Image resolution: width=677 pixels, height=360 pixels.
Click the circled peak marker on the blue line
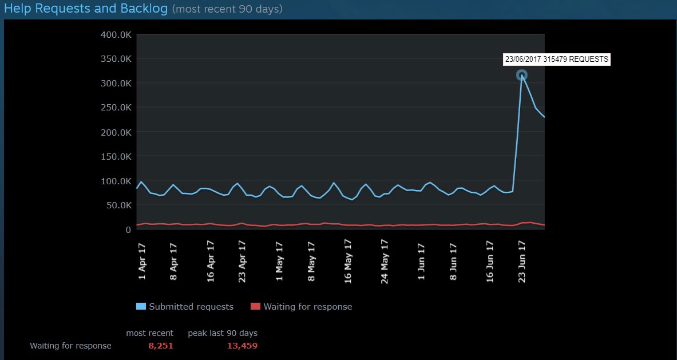pyautogui.click(x=521, y=75)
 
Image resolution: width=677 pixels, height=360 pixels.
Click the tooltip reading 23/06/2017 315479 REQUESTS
pyautogui.click(x=557, y=59)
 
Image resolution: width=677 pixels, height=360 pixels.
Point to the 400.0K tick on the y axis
pyautogui.click(x=116, y=34)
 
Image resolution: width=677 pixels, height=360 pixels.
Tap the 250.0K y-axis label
pyautogui.click(x=116, y=108)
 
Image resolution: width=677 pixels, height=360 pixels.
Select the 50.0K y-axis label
pyautogui.click(x=118, y=205)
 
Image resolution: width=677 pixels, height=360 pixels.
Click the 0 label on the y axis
pyautogui.click(x=128, y=230)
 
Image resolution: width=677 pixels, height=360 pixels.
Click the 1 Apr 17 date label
pyautogui.click(x=142, y=262)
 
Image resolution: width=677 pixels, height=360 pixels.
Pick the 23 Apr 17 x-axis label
pyautogui.click(x=242, y=261)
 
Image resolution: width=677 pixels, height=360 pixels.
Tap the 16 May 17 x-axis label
pyautogui.click(x=348, y=262)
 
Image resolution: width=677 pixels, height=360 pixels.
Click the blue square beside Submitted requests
pyautogui.click(x=141, y=307)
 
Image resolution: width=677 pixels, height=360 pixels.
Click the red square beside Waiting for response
pyautogui.click(x=255, y=307)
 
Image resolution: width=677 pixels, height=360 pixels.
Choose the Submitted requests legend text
pyautogui.click(x=191, y=307)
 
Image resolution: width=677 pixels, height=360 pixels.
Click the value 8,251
pyautogui.click(x=160, y=346)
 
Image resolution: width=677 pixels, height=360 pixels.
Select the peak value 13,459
pyautogui.click(x=243, y=346)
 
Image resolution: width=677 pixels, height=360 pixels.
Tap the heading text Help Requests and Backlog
pyautogui.click(x=86, y=9)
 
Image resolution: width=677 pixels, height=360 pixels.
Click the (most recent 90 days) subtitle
pyautogui.click(x=227, y=10)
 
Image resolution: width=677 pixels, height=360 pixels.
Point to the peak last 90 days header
pyautogui.click(x=223, y=333)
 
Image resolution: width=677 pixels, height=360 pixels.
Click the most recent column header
pyautogui.click(x=149, y=333)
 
